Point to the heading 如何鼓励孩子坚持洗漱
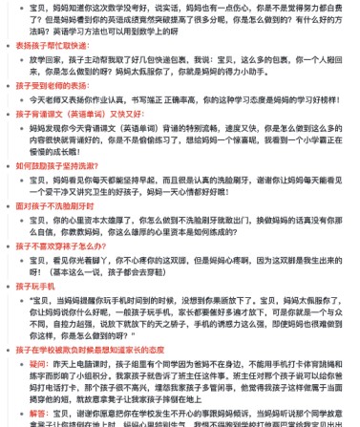[x=57, y=164]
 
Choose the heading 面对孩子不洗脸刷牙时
[x=57, y=204]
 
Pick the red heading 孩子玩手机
[x=36, y=286]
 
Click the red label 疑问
[x=38, y=363]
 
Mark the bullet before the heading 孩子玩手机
[x=9, y=286]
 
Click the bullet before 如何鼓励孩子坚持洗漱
[x=9, y=164]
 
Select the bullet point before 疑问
[x=21, y=364]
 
